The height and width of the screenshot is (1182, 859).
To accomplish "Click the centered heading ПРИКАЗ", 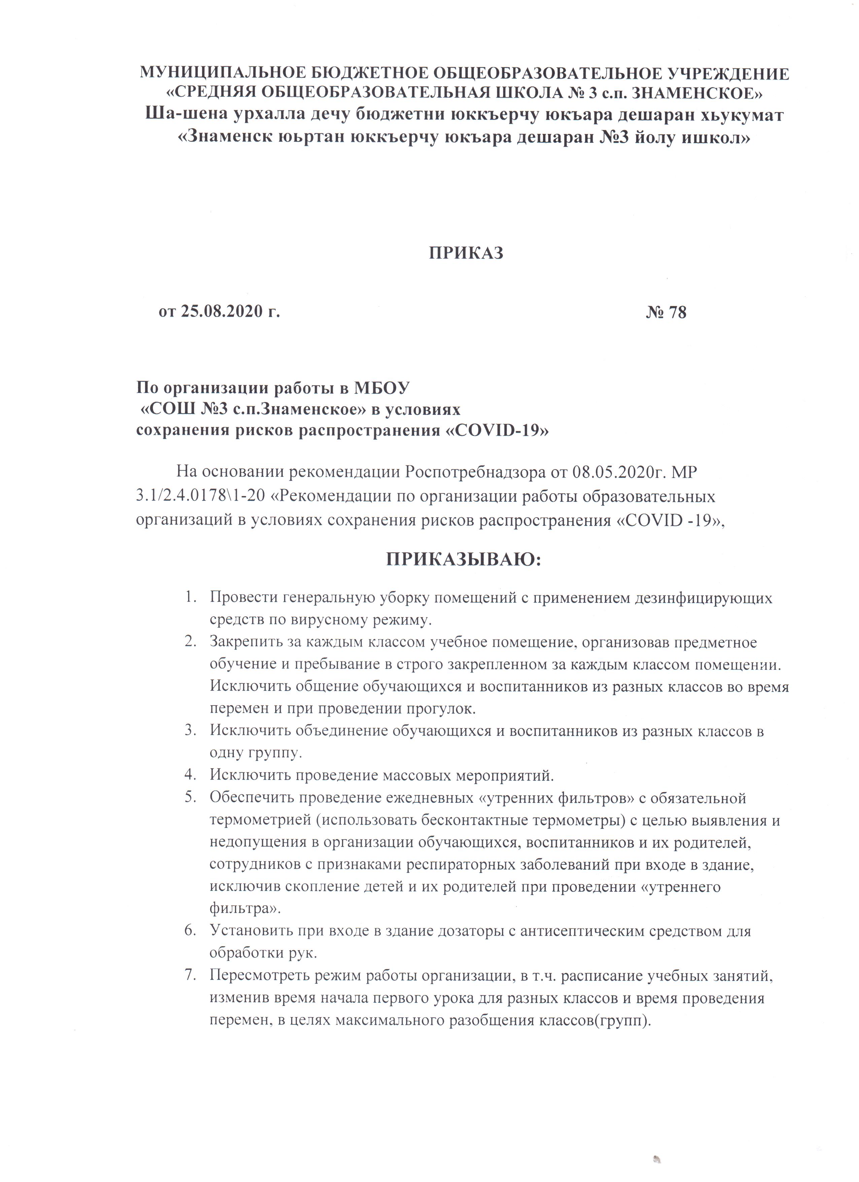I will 466,253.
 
